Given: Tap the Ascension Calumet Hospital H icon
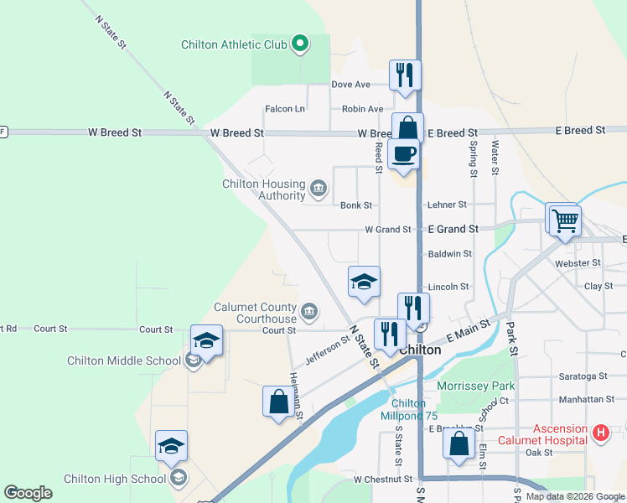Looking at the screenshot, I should [600, 433].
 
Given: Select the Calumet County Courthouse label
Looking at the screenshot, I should [255, 313].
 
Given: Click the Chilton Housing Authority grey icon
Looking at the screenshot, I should [319, 187].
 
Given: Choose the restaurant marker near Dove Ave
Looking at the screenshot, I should [405, 75].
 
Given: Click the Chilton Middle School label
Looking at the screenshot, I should [124, 361].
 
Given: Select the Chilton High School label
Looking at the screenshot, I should [115, 479].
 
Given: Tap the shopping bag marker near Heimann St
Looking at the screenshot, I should [278, 402].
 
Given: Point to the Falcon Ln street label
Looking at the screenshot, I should [285, 109].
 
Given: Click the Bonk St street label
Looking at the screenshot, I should [356, 205].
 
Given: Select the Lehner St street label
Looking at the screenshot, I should [448, 205].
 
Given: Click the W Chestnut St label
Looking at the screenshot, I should [383, 480].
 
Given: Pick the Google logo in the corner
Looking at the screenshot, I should [28, 493].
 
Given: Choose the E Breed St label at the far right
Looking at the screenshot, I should [579, 131].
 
